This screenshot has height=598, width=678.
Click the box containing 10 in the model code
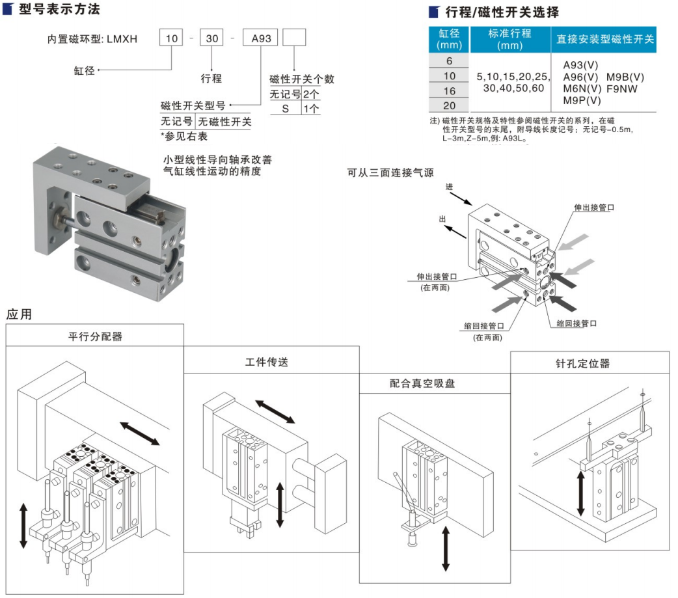(x=172, y=39)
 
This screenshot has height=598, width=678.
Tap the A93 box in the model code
(x=260, y=39)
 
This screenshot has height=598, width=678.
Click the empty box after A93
(x=294, y=39)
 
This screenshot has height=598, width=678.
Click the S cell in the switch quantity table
(x=285, y=109)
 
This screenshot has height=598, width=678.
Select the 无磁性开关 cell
(x=224, y=121)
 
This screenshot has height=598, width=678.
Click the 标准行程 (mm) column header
(x=509, y=39)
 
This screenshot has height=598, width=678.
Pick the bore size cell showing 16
(x=449, y=91)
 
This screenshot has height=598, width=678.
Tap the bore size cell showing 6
(x=449, y=61)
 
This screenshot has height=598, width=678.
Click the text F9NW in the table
(x=624, y=88)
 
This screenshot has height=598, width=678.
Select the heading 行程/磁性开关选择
(x=502, y=12)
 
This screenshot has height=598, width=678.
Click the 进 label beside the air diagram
(x=448, y=187)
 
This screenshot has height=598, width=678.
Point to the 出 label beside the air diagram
(x=443, y=219)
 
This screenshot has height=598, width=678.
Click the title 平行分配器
(x=95, y=336)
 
